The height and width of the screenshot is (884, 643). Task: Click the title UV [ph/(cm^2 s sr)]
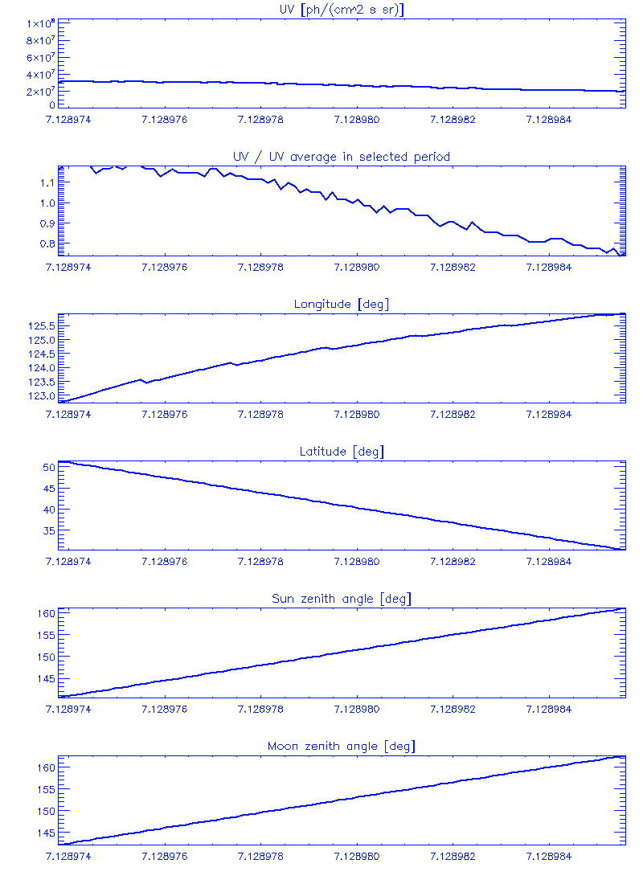[341, 9]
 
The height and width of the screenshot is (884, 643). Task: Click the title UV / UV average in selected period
[341, 156]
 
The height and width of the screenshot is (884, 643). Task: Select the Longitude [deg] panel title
[341, 304]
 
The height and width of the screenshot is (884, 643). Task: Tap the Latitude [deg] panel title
[341, 452]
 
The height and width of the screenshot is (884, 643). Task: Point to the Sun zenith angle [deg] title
[341, 599]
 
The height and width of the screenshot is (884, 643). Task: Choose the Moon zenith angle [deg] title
[341, 747]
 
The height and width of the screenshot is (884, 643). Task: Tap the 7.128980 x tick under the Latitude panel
[356, 562]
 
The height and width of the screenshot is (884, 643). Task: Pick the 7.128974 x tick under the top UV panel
[69, 119]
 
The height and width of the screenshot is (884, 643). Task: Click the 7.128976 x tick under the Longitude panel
[164, 414]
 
